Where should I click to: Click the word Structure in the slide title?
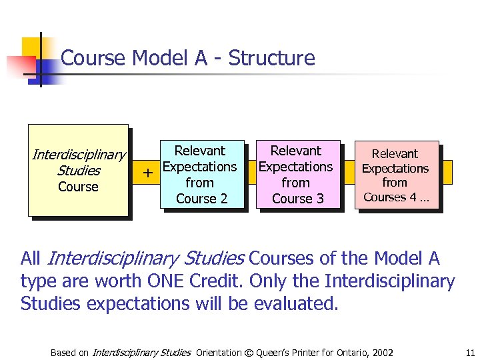click(271, 58)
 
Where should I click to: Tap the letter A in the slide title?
click(201, 58)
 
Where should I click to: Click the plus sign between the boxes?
click(148, 173)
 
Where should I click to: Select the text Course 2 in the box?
click(201, 199)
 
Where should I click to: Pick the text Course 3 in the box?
click(297, 199)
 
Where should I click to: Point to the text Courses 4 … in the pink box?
click(396, 197)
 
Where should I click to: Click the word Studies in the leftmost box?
click(78, 171)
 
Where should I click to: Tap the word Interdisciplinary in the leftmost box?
click(78, 155)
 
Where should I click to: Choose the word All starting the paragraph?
click(31, 258)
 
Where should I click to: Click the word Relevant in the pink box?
click(395, 154)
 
